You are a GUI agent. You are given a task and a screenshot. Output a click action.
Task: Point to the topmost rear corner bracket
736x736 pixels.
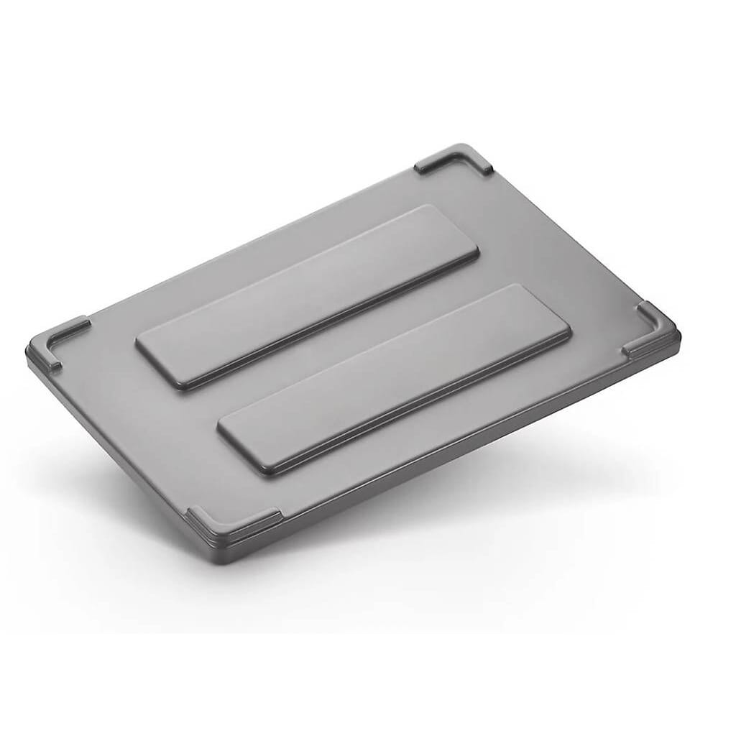tap(456, 158)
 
